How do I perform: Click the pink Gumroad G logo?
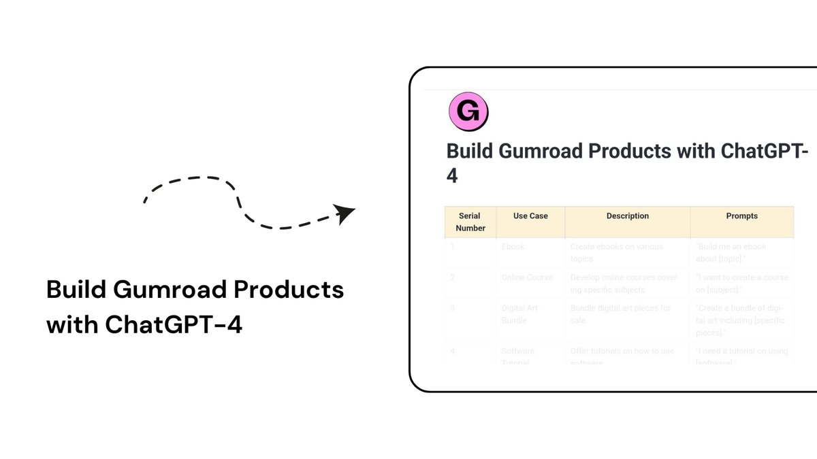click(468, 112)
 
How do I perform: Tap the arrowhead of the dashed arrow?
click(346, 214)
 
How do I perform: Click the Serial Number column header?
click(470, 222)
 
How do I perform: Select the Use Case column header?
click(530, 216)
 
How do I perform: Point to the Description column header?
click(627, 216)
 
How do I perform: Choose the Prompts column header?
click(741, 216)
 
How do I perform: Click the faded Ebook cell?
click(513, 247)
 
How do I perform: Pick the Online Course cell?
click(527, 277)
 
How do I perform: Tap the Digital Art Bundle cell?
click(519, 313)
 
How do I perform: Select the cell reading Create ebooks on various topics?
click(616, 252)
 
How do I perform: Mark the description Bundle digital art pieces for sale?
click(620, 313)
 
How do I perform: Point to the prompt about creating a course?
click(741, 283)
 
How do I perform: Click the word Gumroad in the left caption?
click(170, 290)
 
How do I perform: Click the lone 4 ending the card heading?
click(452, 176)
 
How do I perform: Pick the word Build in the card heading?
click(469, 151)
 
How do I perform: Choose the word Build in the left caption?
click(75, 290)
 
